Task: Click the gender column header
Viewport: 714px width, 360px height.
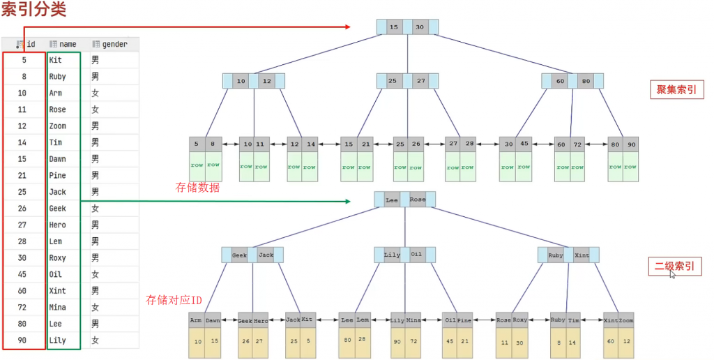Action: pos(109,44)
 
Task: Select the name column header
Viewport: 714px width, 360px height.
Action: pos(63,44)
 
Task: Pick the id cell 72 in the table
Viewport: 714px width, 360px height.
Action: pos(22,307)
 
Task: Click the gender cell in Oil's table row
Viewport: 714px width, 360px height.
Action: pos(95,274)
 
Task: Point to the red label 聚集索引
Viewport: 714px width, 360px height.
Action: pos(676,89)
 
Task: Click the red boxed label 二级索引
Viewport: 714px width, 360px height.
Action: pos(675,266)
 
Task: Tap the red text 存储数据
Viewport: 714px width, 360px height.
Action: pos(197,187)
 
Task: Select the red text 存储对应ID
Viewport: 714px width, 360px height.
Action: pos(174,300)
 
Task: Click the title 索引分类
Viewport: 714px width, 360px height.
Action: pos(33,9)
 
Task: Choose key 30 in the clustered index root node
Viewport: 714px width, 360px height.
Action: pos(419,27)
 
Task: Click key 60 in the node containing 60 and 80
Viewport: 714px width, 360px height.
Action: pos(560,81)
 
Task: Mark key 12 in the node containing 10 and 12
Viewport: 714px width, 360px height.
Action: pos(267,81)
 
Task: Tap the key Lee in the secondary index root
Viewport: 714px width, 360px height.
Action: pos(392,200)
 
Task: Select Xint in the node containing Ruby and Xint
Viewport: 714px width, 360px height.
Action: pos(582,255)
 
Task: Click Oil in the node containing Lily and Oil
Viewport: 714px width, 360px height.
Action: pos(416,254)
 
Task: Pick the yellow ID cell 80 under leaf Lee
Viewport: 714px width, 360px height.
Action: pos(347,340)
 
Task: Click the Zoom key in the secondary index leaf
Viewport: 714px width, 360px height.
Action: pos(625,320)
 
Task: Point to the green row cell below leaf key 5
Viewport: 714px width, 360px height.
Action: pos(197,165)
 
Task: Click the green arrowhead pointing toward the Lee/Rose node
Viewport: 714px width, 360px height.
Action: pos(348,201)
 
